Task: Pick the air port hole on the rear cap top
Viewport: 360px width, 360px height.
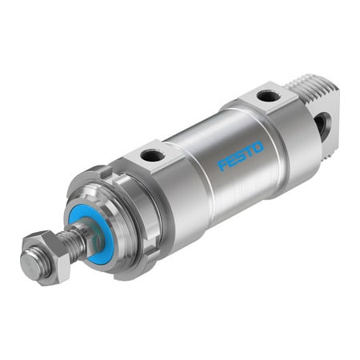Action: click(x=268, y=97)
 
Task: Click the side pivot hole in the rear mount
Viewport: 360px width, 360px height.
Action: click(x=322, y=125)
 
